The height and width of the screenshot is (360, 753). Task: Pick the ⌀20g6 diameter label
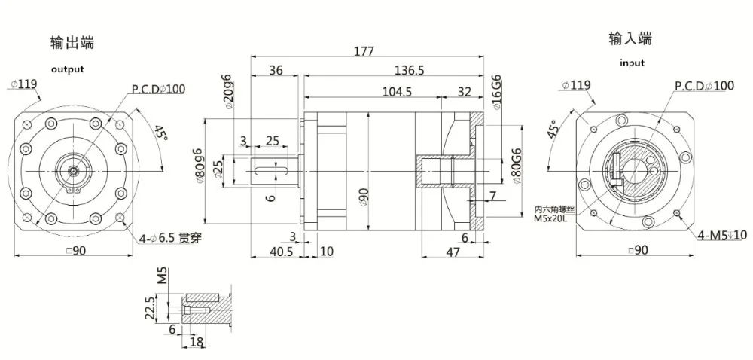coord(226,92)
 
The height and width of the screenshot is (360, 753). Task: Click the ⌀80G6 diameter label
coord(516,166)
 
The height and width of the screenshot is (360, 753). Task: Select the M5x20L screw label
coord(554,218)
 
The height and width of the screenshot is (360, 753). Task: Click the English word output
coord(67,69)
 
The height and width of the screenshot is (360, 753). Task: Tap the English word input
coord(632,63)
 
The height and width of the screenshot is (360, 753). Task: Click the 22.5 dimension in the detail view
coord(151,308)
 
